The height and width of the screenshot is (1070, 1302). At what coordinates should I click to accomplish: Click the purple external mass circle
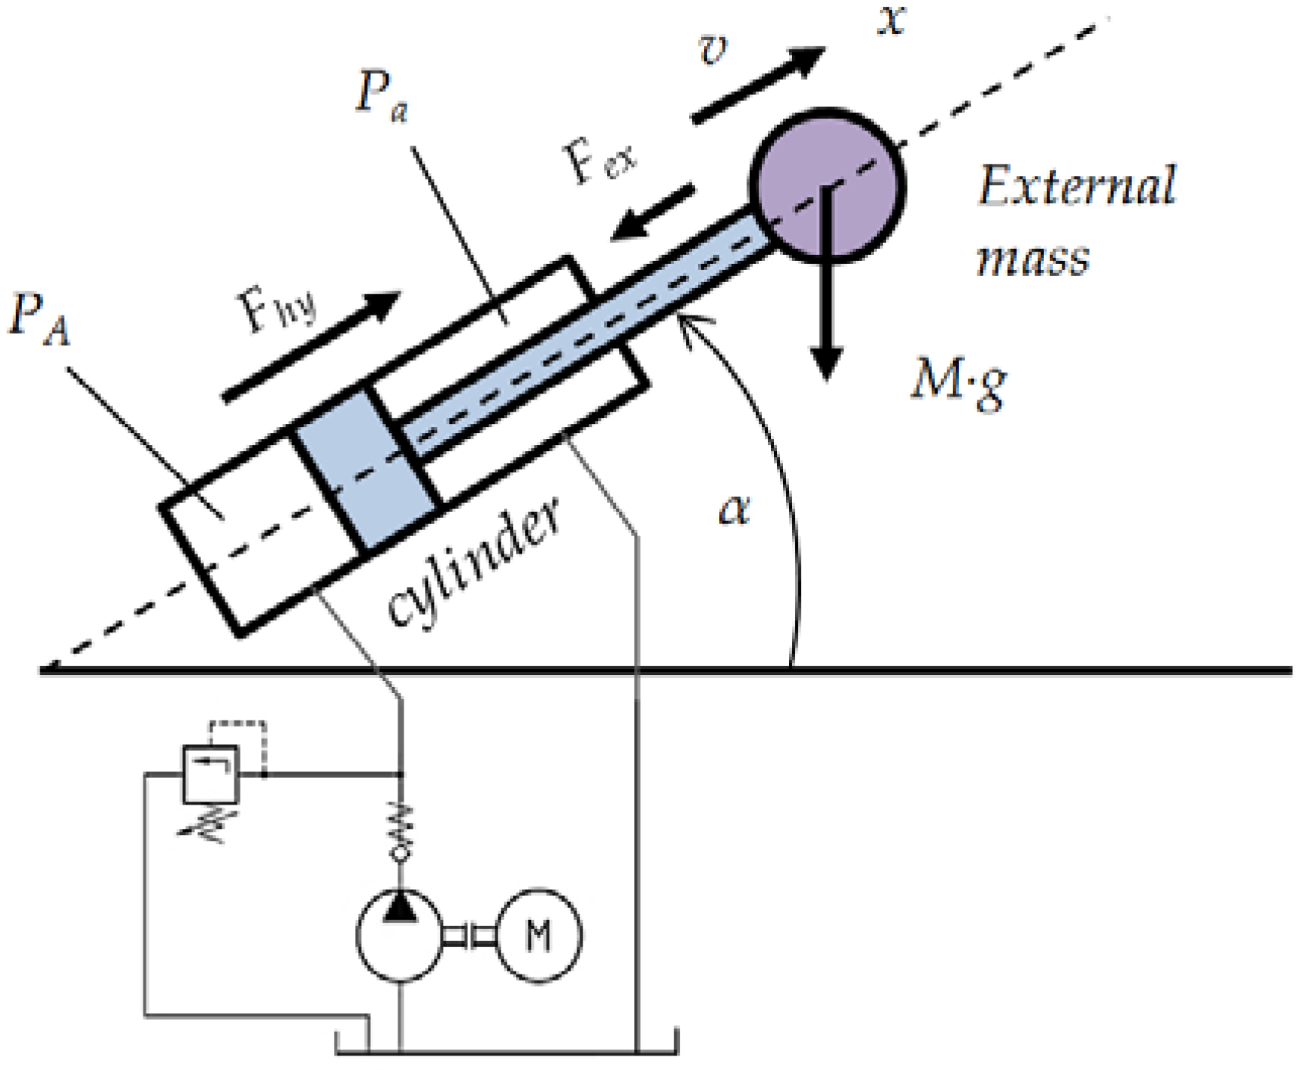[827, 185]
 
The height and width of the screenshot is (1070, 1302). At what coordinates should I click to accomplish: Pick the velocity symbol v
[712, 49]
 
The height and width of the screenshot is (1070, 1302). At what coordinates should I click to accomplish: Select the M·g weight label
[958, 380]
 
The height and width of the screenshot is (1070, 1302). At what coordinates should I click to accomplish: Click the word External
[1076, 186]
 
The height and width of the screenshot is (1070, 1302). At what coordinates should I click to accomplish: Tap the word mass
[1033, 258]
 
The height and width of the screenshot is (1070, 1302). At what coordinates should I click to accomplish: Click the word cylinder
[474, 561]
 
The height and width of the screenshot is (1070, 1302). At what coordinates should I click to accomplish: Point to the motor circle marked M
[539, 935]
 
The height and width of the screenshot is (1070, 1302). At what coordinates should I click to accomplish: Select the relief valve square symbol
[210, 774]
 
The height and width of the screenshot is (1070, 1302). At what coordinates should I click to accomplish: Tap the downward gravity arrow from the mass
[826, 303]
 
